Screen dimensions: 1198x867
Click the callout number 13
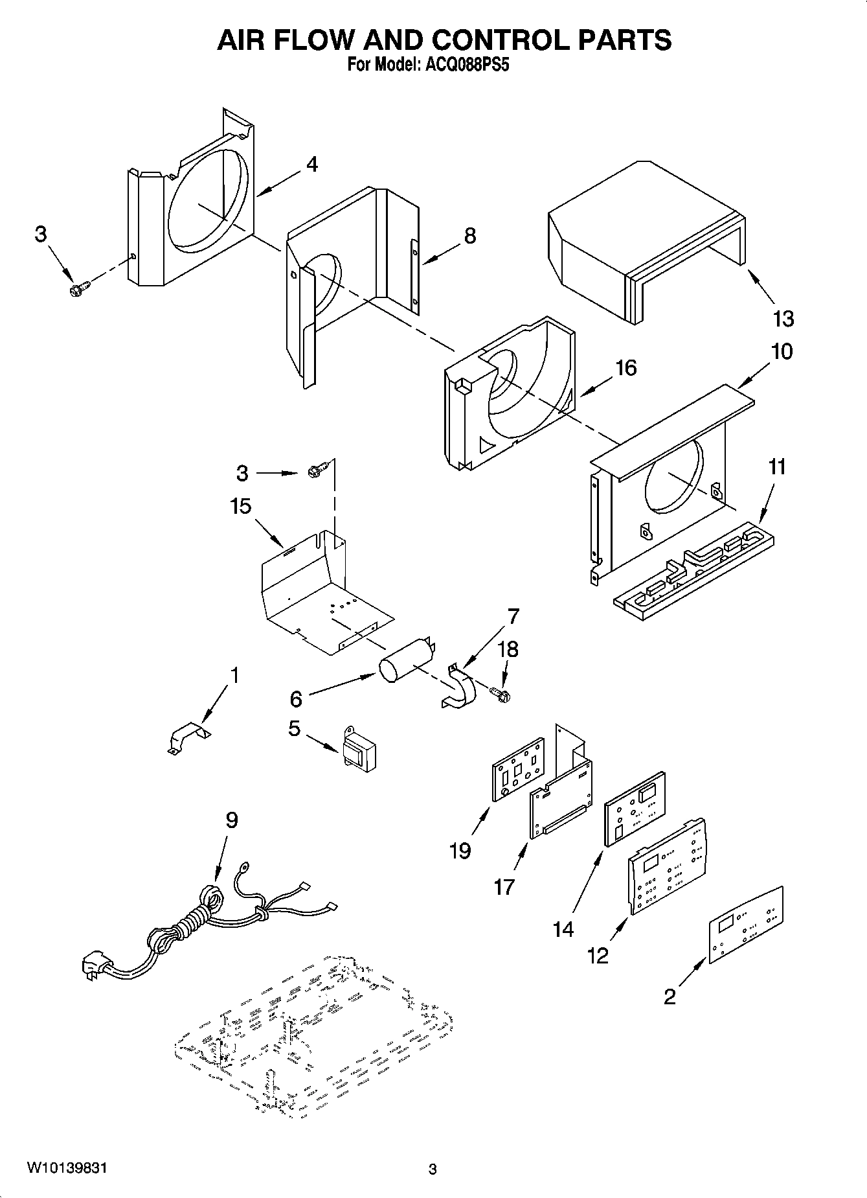click(x=783, y=319)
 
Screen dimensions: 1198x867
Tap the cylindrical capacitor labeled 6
click(x=405, y=662)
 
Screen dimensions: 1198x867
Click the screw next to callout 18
click(x=501, y=695)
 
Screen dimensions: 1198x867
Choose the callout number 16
click(x=625, y=368)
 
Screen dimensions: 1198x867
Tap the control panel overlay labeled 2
click(x=746, y=925)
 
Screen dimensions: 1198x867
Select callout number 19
click(x=460, y=850)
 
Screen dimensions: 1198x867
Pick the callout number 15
click(x=240, y=506)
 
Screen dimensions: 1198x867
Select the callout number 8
click(x=469, y=236)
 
